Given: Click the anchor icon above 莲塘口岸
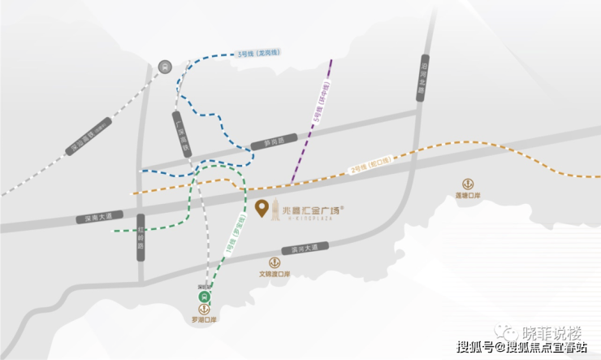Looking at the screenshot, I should pos(468,184).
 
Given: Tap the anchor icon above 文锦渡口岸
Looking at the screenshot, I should pos(275,262).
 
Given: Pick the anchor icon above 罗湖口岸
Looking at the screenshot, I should pos(204,310).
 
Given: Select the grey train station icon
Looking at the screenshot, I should pos(166,67).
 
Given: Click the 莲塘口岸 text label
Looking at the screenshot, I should pos(468,196).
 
